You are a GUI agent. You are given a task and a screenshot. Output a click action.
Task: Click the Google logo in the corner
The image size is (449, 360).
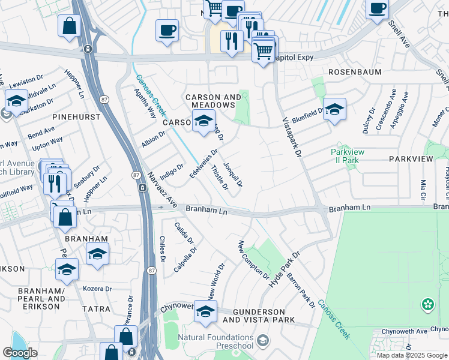pos(20,353)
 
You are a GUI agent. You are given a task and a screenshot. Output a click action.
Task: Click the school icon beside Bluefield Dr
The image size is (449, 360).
pos(334,110)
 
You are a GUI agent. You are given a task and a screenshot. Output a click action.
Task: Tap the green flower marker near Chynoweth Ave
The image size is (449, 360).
pos(427,304)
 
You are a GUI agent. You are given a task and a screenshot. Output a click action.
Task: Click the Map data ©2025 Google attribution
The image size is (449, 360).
pos(412,355)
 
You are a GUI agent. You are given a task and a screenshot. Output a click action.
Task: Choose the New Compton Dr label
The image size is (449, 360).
pos(253,260)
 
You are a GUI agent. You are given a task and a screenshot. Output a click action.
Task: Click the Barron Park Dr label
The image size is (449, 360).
pos(301,290)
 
